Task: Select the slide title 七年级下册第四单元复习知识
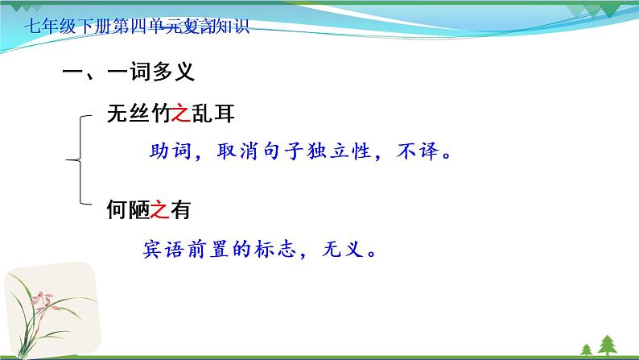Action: pos(137,28)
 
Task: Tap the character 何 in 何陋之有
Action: pos(117,211)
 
